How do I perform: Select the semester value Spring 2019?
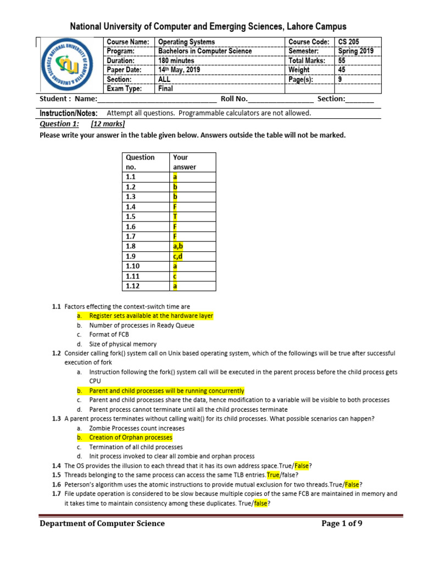tap(356, 51)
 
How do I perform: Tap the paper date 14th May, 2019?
tap(180, 70)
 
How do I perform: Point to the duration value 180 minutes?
tap(176, 60)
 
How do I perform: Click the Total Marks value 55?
tap(342, 60)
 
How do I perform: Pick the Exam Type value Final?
tap(165, 89)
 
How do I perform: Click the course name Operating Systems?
tap(186, 42)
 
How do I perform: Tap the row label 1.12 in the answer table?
tap(132, 286)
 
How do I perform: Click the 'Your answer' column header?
tap(181, 162)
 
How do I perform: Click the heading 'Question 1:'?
tap(59, 124)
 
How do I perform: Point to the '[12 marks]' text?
tap(108, 124)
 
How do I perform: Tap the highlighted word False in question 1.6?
tap(352, 484)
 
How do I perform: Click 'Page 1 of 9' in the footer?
tap(342, 523)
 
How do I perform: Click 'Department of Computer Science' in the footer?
tap(102, 523)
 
